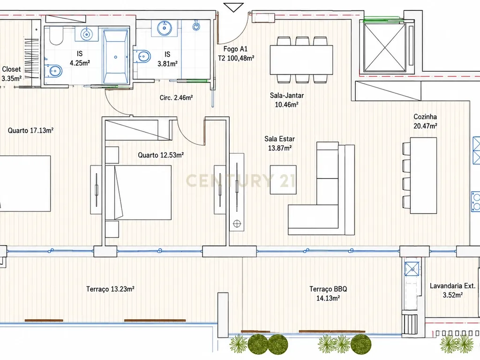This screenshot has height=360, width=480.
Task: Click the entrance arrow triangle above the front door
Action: [x=233, y=7]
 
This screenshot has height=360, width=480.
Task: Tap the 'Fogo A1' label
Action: [x=235, y=49]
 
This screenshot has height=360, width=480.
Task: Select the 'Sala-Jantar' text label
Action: [x=287, y=96]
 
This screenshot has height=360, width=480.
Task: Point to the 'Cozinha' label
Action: [x=425, y=117]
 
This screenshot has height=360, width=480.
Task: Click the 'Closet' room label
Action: [x=11, y=69]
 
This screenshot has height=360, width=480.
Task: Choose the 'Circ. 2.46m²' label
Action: [x=176, y=97]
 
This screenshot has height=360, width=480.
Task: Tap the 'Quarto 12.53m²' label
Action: [x=161, y=155]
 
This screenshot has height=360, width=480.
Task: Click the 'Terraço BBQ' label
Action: [x=328, y=289]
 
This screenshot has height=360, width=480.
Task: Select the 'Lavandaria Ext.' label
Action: [x=452, y=286]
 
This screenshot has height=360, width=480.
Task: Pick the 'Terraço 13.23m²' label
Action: [x=110, y=289]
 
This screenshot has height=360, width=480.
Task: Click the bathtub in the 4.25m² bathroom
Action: [x=115, y=56]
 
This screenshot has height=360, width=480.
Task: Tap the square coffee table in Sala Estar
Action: [x=283, y=180]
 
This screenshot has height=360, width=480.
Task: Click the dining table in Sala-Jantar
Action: [x=301, y=60]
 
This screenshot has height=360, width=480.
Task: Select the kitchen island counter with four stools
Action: [x=423, y=175]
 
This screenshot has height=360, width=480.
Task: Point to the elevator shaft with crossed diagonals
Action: [x=384, y=47]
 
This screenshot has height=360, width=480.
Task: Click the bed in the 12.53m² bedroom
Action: [x=138, y=193]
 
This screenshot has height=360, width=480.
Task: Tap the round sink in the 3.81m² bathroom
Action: [x=165, y=28]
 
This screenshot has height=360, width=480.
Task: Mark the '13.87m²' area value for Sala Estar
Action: [x=280, y=148]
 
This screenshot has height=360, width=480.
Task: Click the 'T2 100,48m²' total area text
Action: [x=236, y=58]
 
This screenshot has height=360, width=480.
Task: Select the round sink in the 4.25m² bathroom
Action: [x=87, y=34]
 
